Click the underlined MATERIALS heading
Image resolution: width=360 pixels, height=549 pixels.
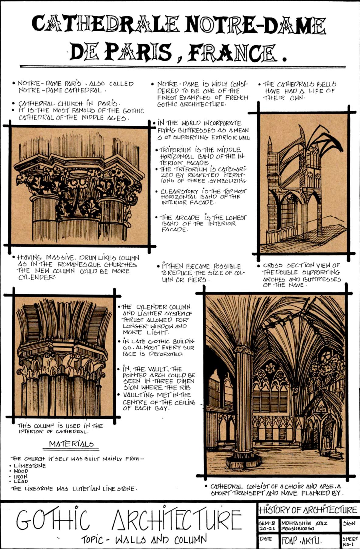click(x=71, y=444)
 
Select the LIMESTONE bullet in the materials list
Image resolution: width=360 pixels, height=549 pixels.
click(x=30, y=466)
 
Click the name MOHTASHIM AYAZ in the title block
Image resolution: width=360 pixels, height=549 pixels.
click(x=304, y=523)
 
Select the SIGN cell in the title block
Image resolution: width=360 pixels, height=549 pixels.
click(x=349, y=523)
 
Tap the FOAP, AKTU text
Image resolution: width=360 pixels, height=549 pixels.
click(x=301, y=540)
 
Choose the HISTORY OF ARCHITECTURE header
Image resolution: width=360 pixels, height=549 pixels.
click(x=308, y=510)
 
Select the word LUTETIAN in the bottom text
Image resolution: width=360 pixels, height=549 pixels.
click(x=86, y=489)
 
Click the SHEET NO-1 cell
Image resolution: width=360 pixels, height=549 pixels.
click(x=350, y=540)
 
